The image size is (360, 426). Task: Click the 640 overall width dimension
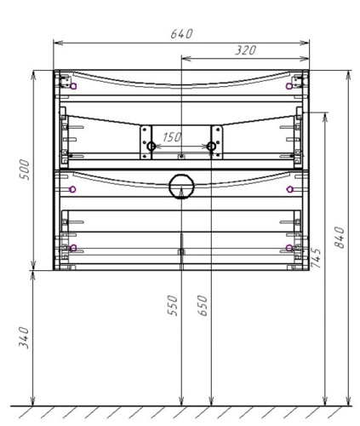pyautogui.click(x=180, y=33)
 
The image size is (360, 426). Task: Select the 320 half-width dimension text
pyautogui.click(x=245, y=51)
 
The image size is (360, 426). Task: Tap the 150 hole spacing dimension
pyautogui.click(x=172, y=136)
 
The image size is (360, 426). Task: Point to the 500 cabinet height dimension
pyautogui.click(x=24, y=170)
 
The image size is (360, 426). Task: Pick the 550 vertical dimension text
pyautogui.click(x=173, y=306)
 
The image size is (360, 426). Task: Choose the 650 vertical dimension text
pyautogui.click(x=203, y=306)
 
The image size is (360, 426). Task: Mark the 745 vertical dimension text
pyautogui.click(x=317, y=258)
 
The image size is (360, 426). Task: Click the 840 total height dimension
pyautogui.click(x=340, y=239)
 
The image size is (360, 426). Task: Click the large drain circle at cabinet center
pyautogui.click(x=180, y=187)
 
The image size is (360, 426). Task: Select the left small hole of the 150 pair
pyautogui.click(x=151, y=147)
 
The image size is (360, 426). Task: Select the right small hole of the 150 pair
pyautogui.click(x=211, y=147)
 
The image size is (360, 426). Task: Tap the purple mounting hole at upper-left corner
pyautogui.click(x=73, y=86)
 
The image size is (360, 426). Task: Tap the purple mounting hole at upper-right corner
pyautogui.click(x=289, y=86)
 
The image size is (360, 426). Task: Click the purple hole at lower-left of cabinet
pyautogui.click(x=73, y=248)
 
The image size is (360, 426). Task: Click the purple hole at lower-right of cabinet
pyautogui.click(x=289, y=248)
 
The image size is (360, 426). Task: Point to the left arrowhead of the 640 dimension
pyautogui.click(x=56, y=42)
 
